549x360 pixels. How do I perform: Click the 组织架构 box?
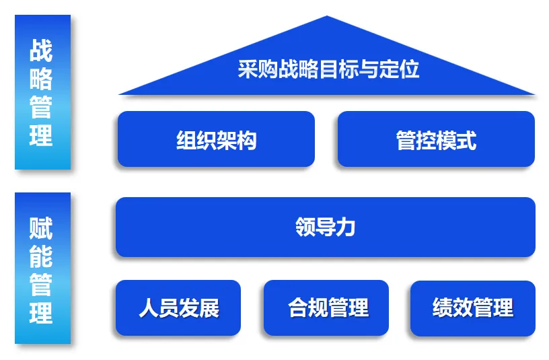pyautogui.click(x=216, y=139)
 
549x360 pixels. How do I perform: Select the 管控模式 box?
pyautogui.click(x=436, y=139)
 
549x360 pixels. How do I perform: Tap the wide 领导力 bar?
pyautogui.click(x=326, y=227)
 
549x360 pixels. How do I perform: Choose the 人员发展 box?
pyautogui.click(x=178, y=308)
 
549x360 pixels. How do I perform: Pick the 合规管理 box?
pyautogui.click(x=326, y=308)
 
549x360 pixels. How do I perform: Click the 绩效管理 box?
pyautogui.click(x=473, y=308)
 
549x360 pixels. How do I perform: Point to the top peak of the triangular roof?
pyautogui.click(x=327, y=17)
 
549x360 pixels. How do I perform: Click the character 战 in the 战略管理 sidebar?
pyautogui.click(x=42, y=50)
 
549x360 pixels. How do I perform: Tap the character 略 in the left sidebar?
pyautogui.click(x=42, y=79)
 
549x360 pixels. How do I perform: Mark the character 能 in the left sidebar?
pyautogui.click(x=42, y=257)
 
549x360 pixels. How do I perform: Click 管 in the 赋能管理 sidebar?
pyautogui.click(x=42, y=285)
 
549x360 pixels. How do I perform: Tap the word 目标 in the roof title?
pyautogui.click(x=339, y=69)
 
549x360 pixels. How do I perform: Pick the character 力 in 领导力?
pyautogui.click(x=346, y=227)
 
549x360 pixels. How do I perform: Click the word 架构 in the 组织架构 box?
pyautogui.click(x=236, y=140)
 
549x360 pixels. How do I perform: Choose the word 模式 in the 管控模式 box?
pyautogui.click(x=456, y=140)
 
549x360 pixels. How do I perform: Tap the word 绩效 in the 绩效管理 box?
pyautogui.click(x=452, y=308)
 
